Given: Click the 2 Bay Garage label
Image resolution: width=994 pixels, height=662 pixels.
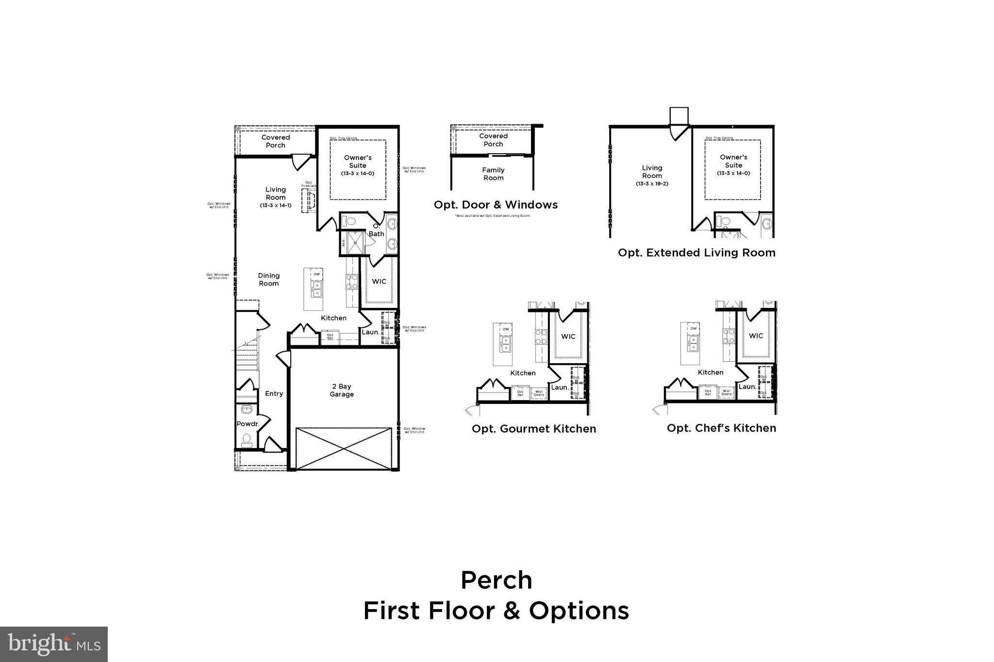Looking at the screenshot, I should tap(342, 390).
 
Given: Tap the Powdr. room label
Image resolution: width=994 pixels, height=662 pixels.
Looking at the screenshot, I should tap(248, 424).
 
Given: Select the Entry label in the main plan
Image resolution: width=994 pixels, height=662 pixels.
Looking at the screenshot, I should tap(274, 393).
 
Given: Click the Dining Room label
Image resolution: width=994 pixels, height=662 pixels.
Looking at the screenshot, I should tap(268, 279).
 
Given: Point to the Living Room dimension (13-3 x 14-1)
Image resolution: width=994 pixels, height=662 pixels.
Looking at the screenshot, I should tap(276, 205).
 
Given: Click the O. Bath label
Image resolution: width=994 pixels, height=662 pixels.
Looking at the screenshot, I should tap(376, 230).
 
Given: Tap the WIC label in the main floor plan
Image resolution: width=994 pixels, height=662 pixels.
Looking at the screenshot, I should tap(379, 281).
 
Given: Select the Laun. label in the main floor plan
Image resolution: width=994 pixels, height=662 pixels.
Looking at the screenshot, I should tap(370, 332).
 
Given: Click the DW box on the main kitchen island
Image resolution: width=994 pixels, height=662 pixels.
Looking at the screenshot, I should tap(317, 274).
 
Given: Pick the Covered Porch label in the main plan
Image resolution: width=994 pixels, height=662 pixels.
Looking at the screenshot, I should tap(276, 141).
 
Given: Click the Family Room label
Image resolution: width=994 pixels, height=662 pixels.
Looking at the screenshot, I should tap(493, 174).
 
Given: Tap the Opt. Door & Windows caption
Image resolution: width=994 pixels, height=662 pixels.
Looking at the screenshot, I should tap(496, 205).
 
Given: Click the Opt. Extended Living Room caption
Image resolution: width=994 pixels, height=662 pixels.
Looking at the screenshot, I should tap(696, 253).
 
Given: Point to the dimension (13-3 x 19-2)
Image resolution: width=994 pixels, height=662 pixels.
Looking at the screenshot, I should tap(652, 184).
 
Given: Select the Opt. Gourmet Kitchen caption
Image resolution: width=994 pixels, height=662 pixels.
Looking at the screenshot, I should tap(533, 429).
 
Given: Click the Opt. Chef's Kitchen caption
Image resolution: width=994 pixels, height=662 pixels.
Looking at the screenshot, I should tap(721, 428).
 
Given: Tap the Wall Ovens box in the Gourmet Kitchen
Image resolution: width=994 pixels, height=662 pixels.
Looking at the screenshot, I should tap(539, 393).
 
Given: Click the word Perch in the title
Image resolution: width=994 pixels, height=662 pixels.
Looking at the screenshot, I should tap(496, 580).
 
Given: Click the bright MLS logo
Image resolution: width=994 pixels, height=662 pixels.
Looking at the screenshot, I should tap(54, 644).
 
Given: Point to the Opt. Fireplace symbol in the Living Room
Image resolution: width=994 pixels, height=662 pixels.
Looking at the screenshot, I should tap(308, 200).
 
